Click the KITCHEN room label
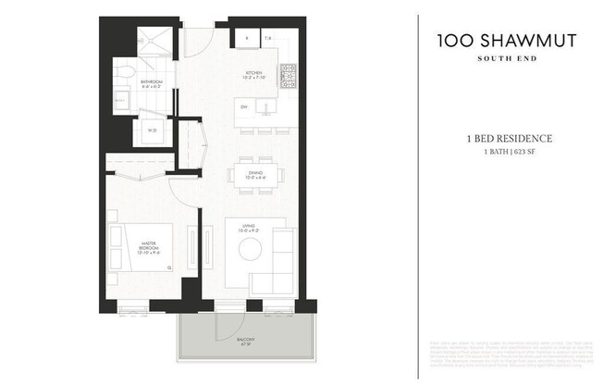pos(252,75)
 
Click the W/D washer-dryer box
pos(152,130)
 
